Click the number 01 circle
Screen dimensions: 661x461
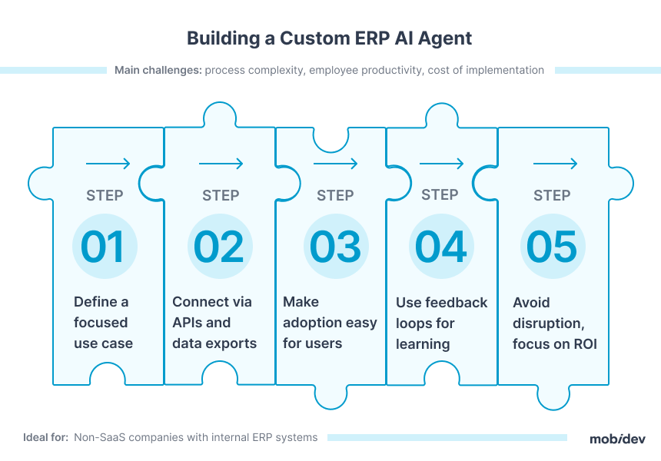[x=105, y=246]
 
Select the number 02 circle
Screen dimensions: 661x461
[x=220, y=246]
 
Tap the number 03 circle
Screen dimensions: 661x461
[x=336, y=246]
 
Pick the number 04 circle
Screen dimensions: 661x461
[x=441, y=246]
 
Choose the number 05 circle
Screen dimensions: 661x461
[x=553, y=246]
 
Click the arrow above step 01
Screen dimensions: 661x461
[x=108, y=164]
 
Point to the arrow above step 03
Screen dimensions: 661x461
[x=336, y=164]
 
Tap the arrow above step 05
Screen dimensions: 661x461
[x=555, y=164]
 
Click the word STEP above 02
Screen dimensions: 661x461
[x=221, y=195]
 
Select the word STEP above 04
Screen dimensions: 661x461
[x=440, y=194]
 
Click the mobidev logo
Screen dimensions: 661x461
[x=618, y=439]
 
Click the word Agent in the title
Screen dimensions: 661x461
[x=445, y=39]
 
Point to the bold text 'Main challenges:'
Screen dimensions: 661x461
[x=158, y=71]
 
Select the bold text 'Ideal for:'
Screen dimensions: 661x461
[x=45, y=437]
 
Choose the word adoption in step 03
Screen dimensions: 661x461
[x=311, y=323]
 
